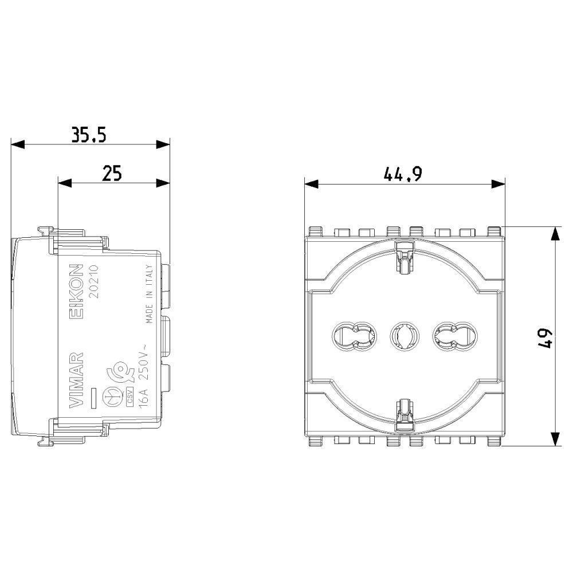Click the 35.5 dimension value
pos(89,135)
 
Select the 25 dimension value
pos(112,173)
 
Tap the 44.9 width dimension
pos(403,174)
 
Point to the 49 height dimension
pos(545,339)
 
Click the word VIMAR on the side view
pos(76,380)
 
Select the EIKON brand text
pos(77,291)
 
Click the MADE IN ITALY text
pos(149,294)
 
